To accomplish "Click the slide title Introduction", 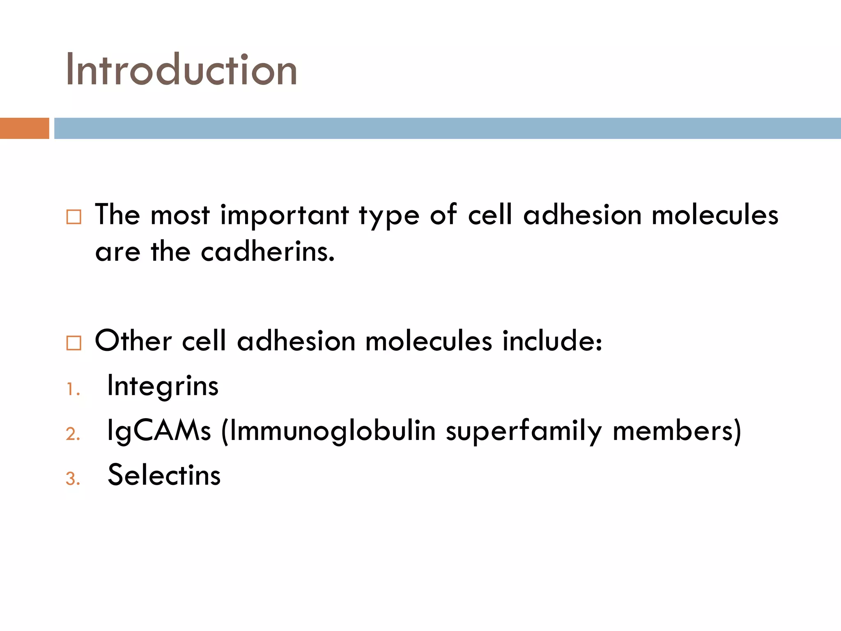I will pyautogui.click(x=181, y=70).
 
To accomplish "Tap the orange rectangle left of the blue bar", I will pyautogui.click(x=24, y=128).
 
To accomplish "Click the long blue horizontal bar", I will pyautogui.click(x=447, y=128).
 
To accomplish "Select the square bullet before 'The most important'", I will pyautogui.click(x=74, y=216).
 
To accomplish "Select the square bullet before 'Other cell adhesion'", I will pyautogui.click(x=74, y=343).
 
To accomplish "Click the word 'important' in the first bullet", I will pyautogui.click(x=285, y=216).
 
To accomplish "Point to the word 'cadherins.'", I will pyautogui.click(x=268, y=251).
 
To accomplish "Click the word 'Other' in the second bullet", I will pyautogui.click(x=133, y=341).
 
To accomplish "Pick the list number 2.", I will pyautogui.click(x=73, y=434).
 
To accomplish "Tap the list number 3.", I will pyautogui.click(x=73, y=479).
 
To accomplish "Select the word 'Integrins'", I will pyautogui.click(x=163, y=386).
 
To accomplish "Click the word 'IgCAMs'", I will pyautogui.click(x=159, y=431).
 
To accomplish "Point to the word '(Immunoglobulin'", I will pyautogui.click(x=328, y=431).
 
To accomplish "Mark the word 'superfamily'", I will pyautogui.click(x=524, y=431).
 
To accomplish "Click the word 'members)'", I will pyautogui.click(x=677, y=431).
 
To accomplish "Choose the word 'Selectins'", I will pyautogui.click(x=164, y=475).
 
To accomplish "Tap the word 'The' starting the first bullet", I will pyautogui.click(x=117, y=215).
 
